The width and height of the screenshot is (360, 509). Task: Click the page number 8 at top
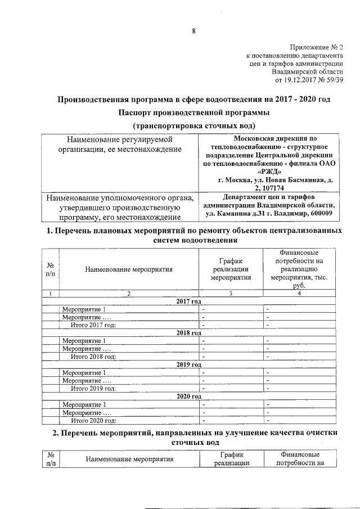[193, 31]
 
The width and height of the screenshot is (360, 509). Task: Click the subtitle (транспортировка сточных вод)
[194, 125]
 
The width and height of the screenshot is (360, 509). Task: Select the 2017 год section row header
[188, 301]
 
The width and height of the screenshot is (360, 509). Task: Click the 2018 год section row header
[188, 333]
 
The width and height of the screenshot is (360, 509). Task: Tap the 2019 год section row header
[188, 364]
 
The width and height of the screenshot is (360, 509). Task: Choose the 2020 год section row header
[188, 397]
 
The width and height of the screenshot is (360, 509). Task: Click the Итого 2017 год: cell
[93, 325]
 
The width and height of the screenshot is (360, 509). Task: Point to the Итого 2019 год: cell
[93, 389]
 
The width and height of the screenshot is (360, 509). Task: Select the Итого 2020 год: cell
[93, 420]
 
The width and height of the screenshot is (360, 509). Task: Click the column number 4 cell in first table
[299, 293]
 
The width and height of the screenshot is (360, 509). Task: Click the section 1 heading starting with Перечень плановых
[194, 236]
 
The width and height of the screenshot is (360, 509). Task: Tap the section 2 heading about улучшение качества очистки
[194, 438]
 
